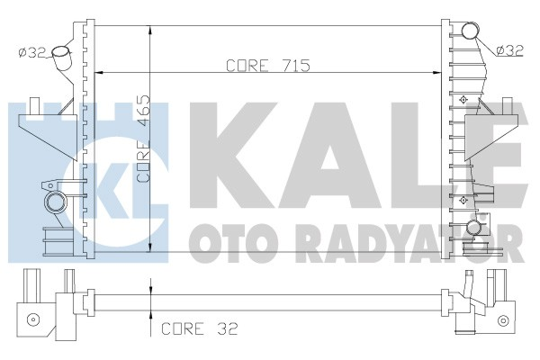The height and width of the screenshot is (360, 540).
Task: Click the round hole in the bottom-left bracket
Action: point(33,319)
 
